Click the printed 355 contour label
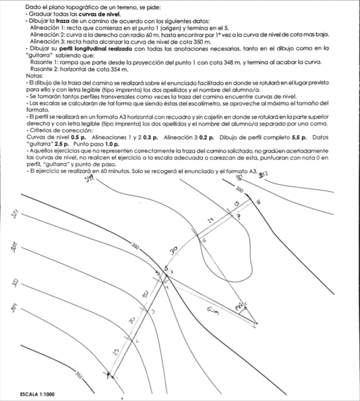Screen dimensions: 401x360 tap(80, 376)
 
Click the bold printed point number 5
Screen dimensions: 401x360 tap(166, 269)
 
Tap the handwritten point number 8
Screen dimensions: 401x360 tap(258, 203)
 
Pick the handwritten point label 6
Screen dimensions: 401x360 tap(204, 241)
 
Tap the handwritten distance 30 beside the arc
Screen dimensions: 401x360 tap(174, 249)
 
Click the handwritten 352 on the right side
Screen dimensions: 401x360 tap(263, 175)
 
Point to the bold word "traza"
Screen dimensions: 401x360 tap(62, 21)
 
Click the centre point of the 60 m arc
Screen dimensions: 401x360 tap(256, 324)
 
